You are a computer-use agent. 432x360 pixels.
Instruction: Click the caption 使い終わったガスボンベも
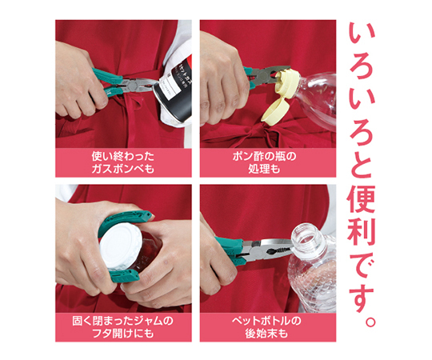tap(123, 162)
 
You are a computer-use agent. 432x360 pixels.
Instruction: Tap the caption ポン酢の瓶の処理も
tap(265, 162)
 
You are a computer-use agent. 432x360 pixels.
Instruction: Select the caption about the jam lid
tap(123, 327)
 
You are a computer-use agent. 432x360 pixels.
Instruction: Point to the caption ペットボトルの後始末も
tap(266, 327)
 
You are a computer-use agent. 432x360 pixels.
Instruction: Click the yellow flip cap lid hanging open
tap(275, 112)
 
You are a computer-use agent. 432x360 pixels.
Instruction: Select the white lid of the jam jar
tap(121, 246)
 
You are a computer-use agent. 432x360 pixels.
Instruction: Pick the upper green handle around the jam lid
tap(124, 221)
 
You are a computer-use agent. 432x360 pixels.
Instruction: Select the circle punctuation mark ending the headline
tap(370, 321)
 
